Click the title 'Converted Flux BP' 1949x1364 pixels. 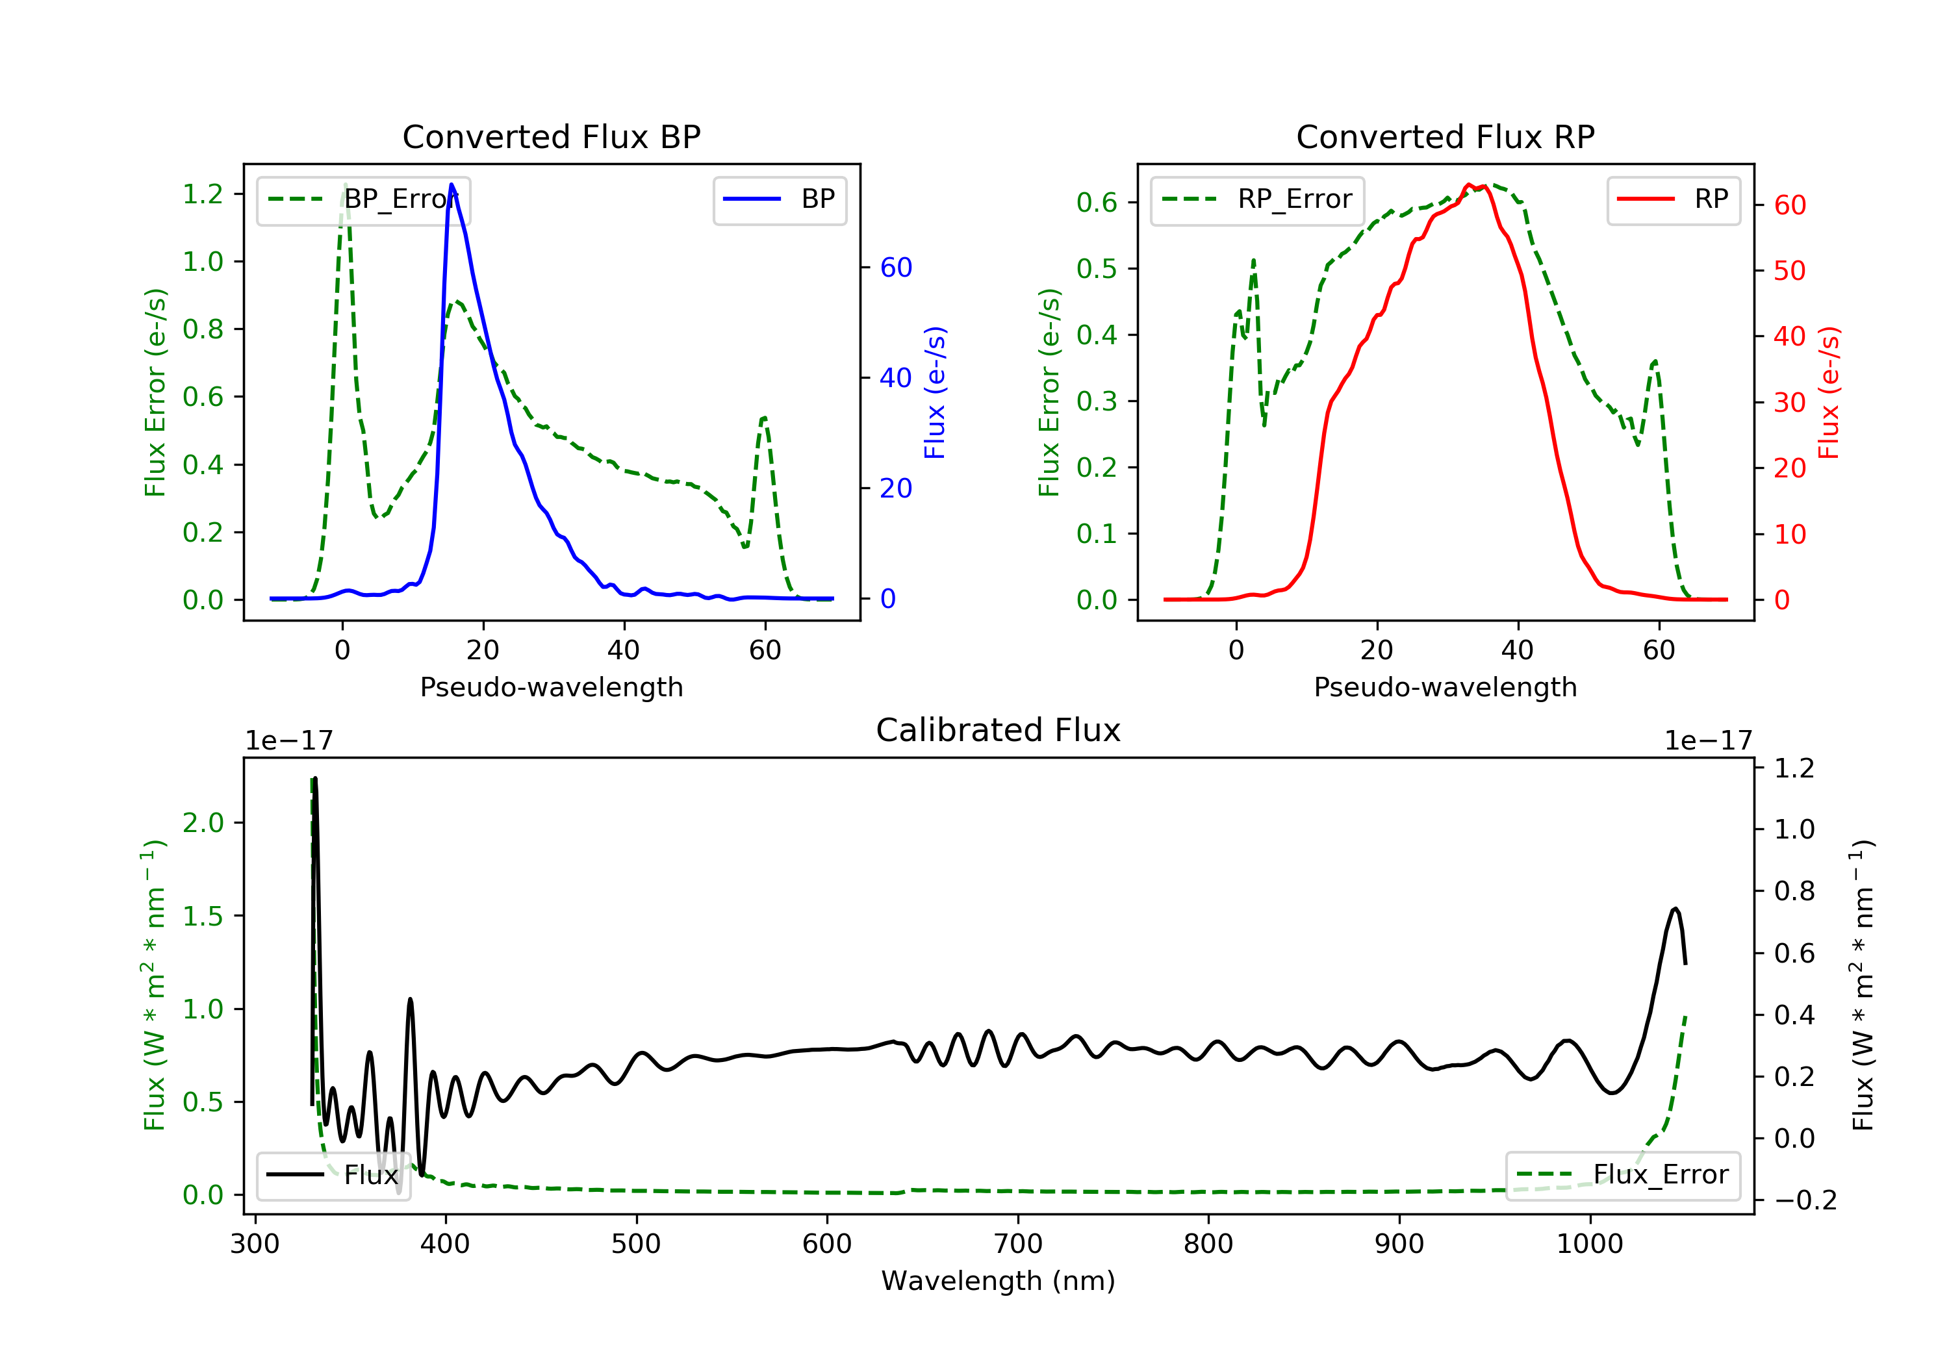(x=551, y=136)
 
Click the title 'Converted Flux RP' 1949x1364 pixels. (x=1445, y=136)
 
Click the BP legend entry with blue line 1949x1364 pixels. (x=779, y=199)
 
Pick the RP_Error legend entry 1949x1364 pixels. (x=1256, y=199)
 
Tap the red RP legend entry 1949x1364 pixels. (x=1672, y=199)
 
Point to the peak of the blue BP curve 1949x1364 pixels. (x=452, y=184)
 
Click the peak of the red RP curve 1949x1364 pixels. (x=1468, y=184)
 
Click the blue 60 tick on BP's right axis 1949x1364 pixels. (x=895, y=268)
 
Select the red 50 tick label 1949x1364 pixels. (x=1789, y=271)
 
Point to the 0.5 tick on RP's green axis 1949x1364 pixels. (x=1097, y=269)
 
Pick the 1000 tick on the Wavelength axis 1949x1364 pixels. (x=1589, y=1244)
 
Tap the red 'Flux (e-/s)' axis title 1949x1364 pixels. (x=1828, y=392)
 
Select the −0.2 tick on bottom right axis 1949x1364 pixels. (x=1805, y=1200)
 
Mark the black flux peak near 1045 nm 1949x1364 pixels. (x=1675, y=909)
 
